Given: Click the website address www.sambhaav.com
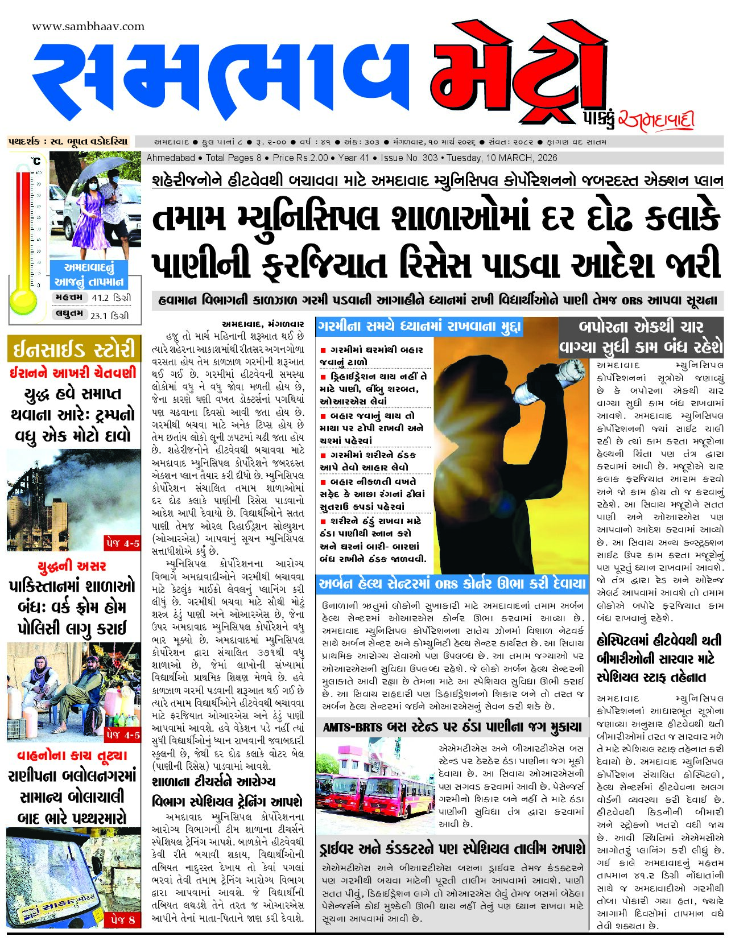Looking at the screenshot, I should pyautogui.click(x=88, y=26).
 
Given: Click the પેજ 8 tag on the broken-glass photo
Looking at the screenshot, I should pyautogui.click(x=123, y=919).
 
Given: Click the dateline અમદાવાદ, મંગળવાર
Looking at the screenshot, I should pyautogui.click(x=263, y=324).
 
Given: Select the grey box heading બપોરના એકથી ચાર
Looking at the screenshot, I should pyautogui.click(x=641, y=327).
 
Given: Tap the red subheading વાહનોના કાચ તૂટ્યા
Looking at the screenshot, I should pyautogui.click(x=72, y=756).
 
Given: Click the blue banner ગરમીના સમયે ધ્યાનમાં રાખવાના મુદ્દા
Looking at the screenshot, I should pyautogui.click(x=419, y=327).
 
